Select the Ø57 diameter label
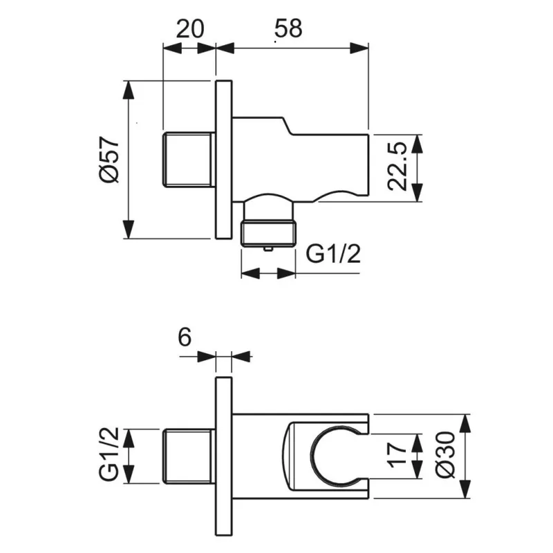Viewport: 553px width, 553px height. [x=109, y=160]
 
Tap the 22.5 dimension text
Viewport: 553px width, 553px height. [x=397, y=167]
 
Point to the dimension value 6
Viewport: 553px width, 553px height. [x=185, y=337]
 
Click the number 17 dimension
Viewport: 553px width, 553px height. [x=397, y=455]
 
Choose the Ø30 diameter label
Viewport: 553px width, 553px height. [x=445, y=455]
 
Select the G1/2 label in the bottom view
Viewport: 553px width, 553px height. [x=109, y=455]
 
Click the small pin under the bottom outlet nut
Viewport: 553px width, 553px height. [x=268, y=249]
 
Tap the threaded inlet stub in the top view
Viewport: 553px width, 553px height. [x=189, y=160]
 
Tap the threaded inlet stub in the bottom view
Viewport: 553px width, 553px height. [x=189, y=456]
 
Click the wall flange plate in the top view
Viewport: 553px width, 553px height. [x=223, y=160]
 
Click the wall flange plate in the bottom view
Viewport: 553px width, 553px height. [x=223, y=456]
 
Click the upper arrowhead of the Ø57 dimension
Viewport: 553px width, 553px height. [x=129, y=91]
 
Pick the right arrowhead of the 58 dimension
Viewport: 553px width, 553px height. [x=359, y=48]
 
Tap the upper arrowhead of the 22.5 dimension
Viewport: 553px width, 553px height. [x=417, y=144]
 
